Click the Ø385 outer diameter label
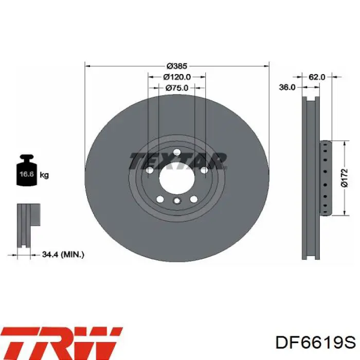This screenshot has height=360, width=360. tap(177, 66)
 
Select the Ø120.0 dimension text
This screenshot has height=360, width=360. tap(177, 77)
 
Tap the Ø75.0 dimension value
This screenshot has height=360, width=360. tap(177, 88)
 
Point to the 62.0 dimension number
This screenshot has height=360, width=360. tap(317, 77)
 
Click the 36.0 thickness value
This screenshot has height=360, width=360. tap(287, 87)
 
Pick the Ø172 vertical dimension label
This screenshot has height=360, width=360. tap(345, 178)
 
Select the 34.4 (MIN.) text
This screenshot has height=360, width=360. tap(63, 255)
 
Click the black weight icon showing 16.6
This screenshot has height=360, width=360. tap(27, 170)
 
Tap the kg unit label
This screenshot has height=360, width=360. tap(44, 175)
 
